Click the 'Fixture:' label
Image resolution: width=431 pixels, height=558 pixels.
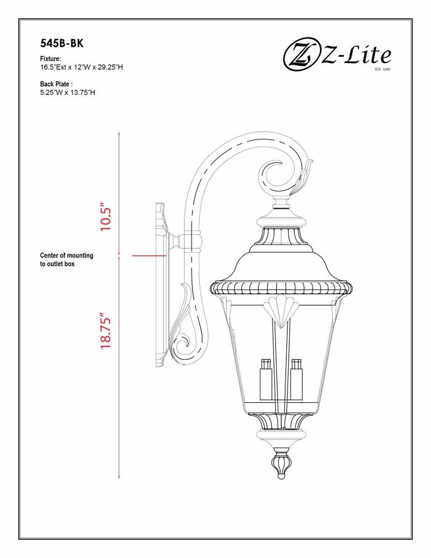point(50,59)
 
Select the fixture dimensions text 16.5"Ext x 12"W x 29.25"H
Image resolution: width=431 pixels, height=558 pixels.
point(82,66)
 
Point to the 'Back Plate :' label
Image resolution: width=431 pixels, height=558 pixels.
point(56,84)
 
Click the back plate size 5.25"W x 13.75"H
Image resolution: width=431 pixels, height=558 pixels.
point(68,92)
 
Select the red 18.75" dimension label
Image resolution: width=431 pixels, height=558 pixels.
point(107,330)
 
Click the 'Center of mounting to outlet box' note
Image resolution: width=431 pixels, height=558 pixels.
point(66,259)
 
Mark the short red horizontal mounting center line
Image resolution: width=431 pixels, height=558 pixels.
point(149,256)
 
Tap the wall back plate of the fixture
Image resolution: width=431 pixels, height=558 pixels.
point(161,285)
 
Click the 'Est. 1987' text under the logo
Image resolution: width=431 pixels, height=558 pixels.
point(382,69)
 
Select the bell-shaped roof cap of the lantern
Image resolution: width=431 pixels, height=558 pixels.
point(282,263)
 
